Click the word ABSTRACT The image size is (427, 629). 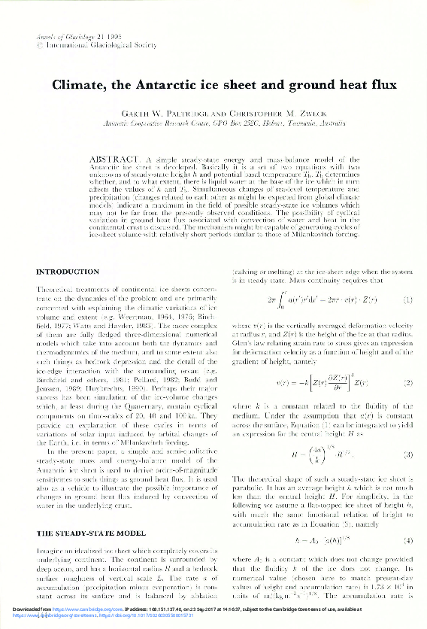pos(115,161)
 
